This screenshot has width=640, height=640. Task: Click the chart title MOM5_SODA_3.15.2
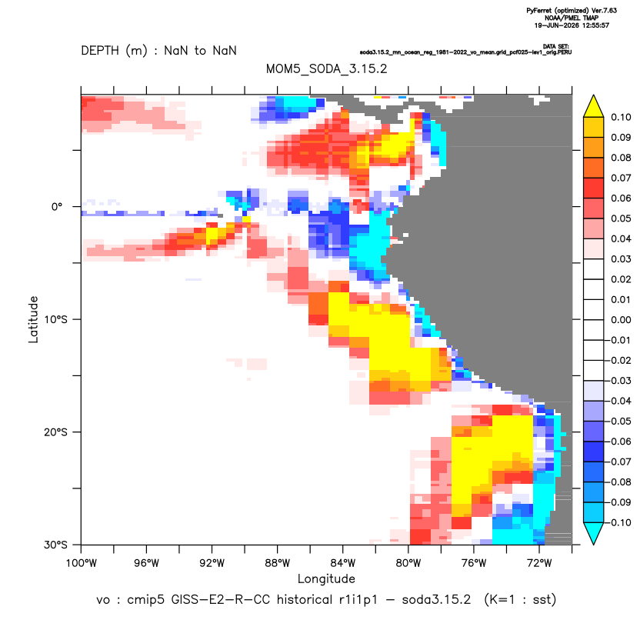point(326,68)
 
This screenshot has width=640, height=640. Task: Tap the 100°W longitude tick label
point(82,563)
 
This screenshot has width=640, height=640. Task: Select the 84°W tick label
point(343,563)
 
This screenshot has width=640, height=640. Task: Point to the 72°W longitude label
point(539,563)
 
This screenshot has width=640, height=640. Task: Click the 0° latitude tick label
point(57,207)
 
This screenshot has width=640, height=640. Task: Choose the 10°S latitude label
point(55,319)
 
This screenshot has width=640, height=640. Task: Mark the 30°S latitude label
point(55,545)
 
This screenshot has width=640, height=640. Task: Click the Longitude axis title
point(326,578)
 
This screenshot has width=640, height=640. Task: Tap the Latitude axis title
point(33,319)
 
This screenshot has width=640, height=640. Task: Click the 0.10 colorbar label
point(621,118)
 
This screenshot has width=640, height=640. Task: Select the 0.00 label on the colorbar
point(621,320)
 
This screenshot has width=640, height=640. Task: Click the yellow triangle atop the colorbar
point(594,107)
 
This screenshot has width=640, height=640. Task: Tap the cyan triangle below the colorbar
point(594,532)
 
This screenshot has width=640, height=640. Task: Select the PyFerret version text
point(572,11)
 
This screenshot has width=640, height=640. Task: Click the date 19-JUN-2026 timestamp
point(557,25)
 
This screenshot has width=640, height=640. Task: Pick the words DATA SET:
point(556,46)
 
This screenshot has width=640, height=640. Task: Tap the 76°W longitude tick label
point(474,563)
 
